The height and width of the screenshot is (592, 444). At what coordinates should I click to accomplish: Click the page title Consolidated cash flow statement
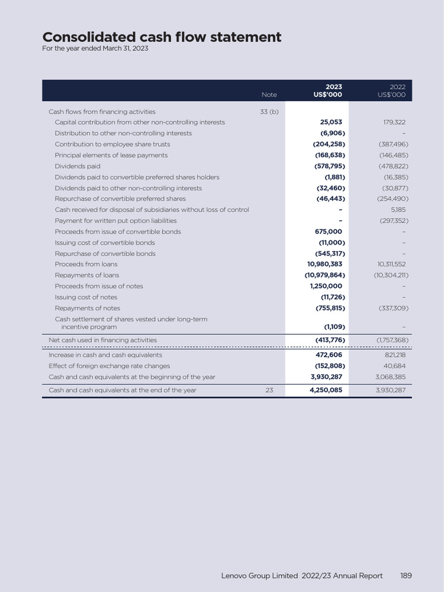[162, 38]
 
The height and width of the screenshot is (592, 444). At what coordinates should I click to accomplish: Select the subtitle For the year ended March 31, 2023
[95, 49]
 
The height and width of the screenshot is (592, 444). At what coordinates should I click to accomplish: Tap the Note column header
[269, 95]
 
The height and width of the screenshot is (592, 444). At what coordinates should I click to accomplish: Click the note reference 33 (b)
[269, 112]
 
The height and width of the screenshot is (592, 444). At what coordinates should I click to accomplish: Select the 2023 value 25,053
[331, 123]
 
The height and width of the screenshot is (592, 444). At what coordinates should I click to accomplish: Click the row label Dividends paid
[77, 166]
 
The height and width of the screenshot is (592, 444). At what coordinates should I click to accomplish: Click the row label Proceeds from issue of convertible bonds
[118, 232]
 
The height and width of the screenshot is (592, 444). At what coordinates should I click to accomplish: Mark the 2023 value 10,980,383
[325, 264]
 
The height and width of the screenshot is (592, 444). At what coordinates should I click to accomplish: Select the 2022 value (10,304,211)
[391, 275]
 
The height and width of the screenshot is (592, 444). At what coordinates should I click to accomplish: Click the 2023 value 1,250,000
[326, 286]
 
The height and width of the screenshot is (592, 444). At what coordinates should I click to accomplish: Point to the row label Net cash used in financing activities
[102, 341]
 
